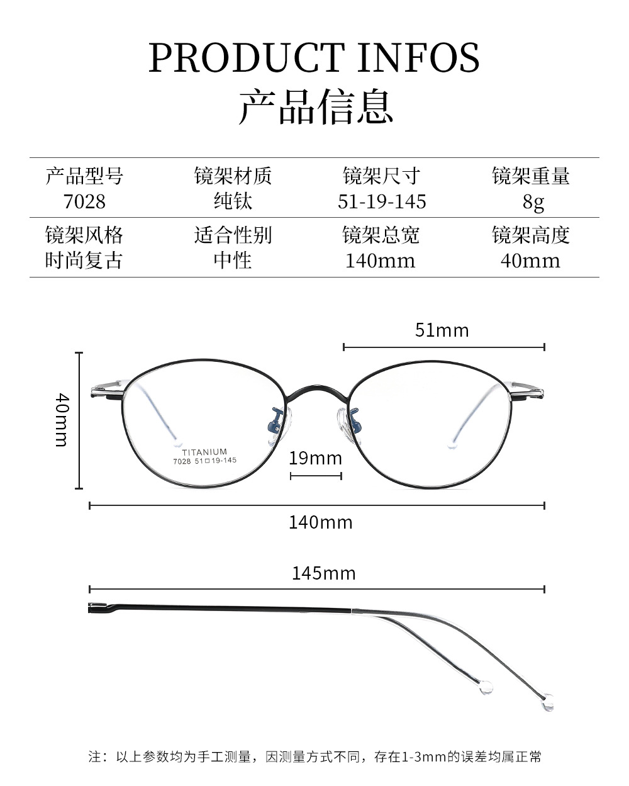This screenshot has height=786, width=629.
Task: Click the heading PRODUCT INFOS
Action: click(314, 58)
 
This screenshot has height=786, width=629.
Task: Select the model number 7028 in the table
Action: click(84, 201)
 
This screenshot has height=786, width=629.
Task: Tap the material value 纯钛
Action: click(233, 201)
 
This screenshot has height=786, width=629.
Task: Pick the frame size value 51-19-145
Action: click(381, 201)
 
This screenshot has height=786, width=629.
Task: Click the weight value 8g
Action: click(530, 202)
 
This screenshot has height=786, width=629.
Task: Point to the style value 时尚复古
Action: click(84, 261)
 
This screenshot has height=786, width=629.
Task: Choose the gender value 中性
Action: click(233, 261)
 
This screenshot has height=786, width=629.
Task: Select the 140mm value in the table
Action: click(381, 261)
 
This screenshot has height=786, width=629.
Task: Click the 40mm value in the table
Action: click(530, 261)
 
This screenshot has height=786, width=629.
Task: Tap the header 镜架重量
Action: click(530, 176)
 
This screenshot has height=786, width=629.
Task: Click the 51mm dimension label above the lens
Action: click(442, 330)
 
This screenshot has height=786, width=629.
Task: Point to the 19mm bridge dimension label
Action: click(315, 458)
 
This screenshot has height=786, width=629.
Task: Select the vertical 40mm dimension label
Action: click(61, 420)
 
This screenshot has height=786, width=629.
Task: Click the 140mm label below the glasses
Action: click(320, 522)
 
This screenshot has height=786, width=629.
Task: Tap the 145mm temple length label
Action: click(323, 573)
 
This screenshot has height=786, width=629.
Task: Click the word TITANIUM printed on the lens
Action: click(204, 452)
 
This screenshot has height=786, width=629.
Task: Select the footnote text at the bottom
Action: click(314, 756)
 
